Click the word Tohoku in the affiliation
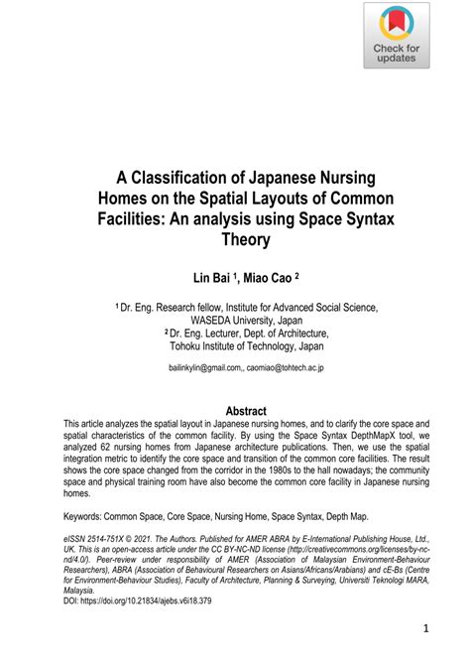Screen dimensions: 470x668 click(190, 348)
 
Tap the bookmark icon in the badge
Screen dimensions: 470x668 click(397, 24)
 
